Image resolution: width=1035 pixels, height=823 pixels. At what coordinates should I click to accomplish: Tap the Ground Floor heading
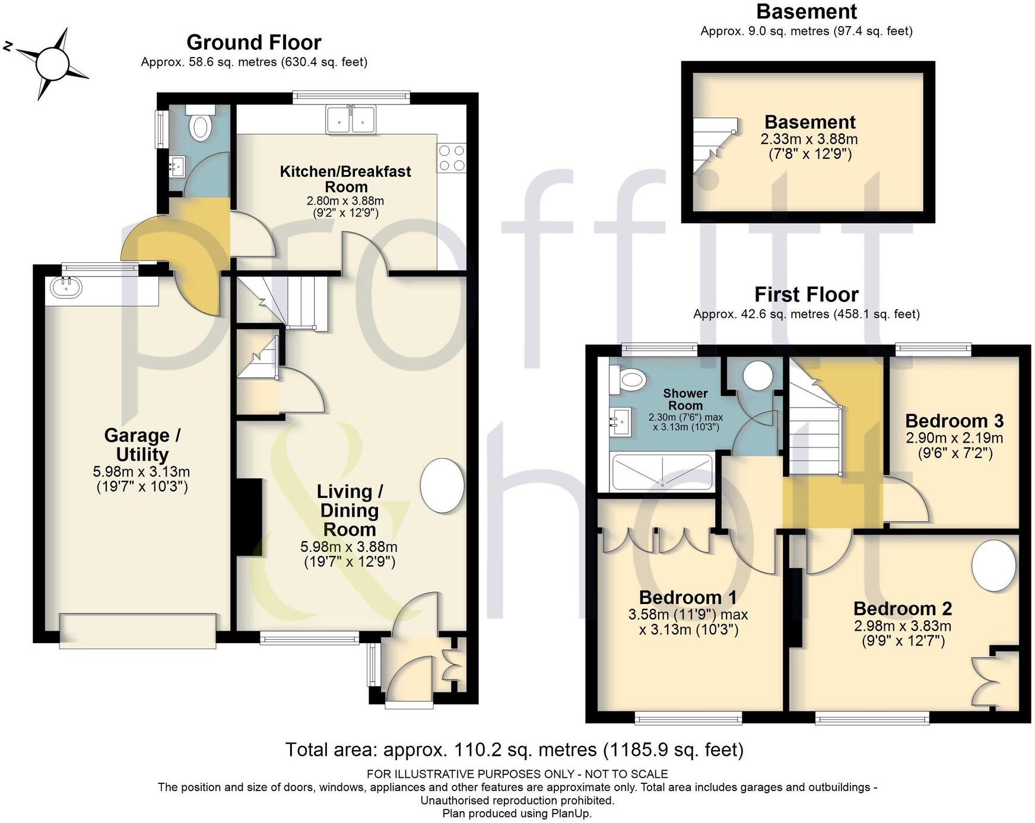click(254, 42)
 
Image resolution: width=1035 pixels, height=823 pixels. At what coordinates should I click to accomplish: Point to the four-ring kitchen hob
click(452, 158)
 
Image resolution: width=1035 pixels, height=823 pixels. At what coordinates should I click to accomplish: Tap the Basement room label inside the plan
click(809, 122)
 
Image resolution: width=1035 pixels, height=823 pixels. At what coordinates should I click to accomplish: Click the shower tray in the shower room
click(662, 473)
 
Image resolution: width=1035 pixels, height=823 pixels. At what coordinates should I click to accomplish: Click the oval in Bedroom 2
click(993, 565)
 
